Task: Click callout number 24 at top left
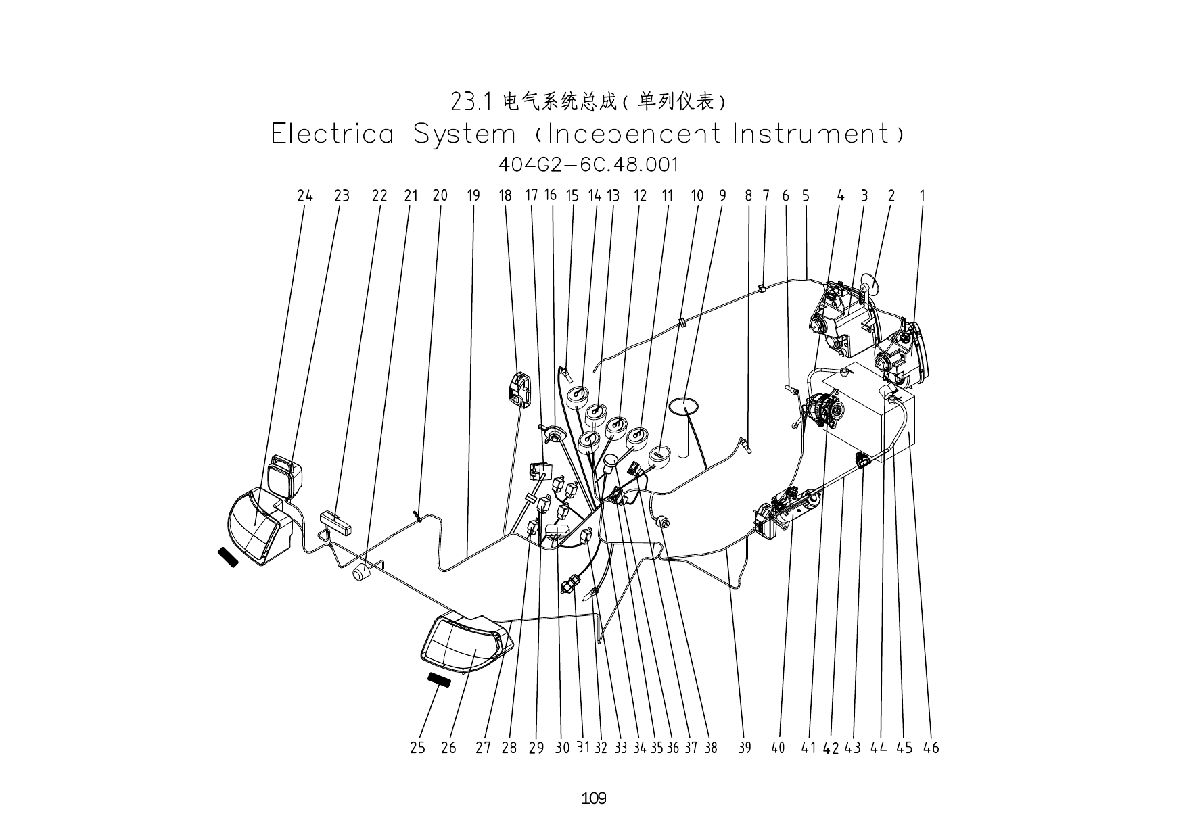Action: point(305,196)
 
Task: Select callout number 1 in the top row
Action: point(922,196)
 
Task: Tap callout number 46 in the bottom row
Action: point(931,748)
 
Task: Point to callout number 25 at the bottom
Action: point(417,748)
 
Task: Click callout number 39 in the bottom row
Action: point(744,748)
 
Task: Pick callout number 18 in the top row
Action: point(505,196)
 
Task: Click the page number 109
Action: point(593,798)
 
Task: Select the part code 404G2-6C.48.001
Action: point(588,164)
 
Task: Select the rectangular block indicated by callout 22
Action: point(336,523)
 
